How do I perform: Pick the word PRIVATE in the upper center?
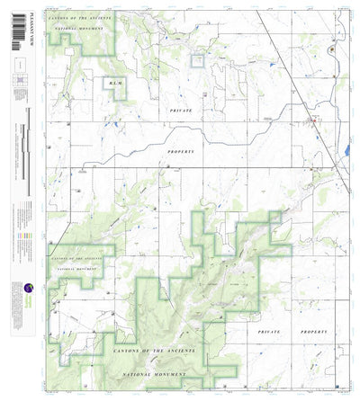click(181, 108)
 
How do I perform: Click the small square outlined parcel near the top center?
click(197, 60)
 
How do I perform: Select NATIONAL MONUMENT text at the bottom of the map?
click(153, 373)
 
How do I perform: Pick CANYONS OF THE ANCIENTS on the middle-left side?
click(79, 255)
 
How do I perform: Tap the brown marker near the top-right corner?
click(332, 51)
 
